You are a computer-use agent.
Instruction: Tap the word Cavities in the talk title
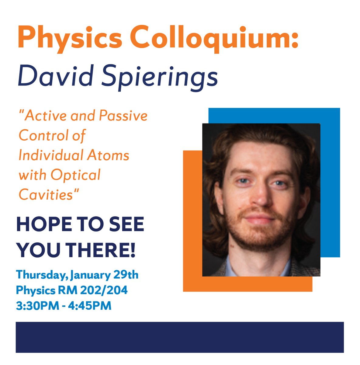tap(46, 195)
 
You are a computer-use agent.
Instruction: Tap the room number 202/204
tap(104, 290)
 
